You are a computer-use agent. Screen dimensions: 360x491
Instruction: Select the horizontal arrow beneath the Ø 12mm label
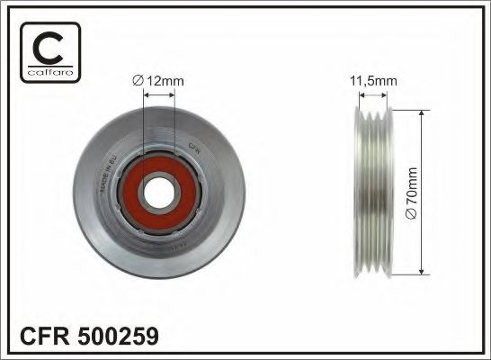(158, 94)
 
